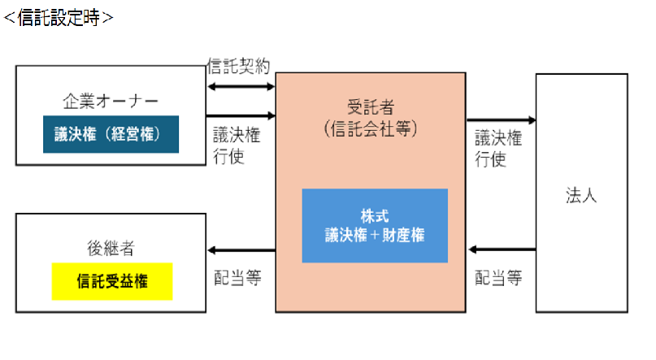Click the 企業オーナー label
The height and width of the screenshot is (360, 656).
[111, 102]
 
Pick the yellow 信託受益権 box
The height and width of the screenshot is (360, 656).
[112, 281]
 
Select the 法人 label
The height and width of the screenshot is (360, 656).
[581, 196]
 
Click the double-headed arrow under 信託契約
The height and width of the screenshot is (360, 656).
[241, 86]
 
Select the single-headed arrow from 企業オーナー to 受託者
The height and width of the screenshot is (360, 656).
[241, 115]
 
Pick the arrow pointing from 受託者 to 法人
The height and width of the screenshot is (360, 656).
[501, 120]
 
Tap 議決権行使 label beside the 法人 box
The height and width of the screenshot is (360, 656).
[497, 149]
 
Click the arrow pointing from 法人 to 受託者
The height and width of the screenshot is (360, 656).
[501, 249]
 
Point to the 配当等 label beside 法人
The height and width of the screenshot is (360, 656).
[497, 278]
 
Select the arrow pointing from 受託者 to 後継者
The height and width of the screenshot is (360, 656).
[241, 249]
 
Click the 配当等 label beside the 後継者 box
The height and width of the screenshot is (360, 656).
[237, 278]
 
